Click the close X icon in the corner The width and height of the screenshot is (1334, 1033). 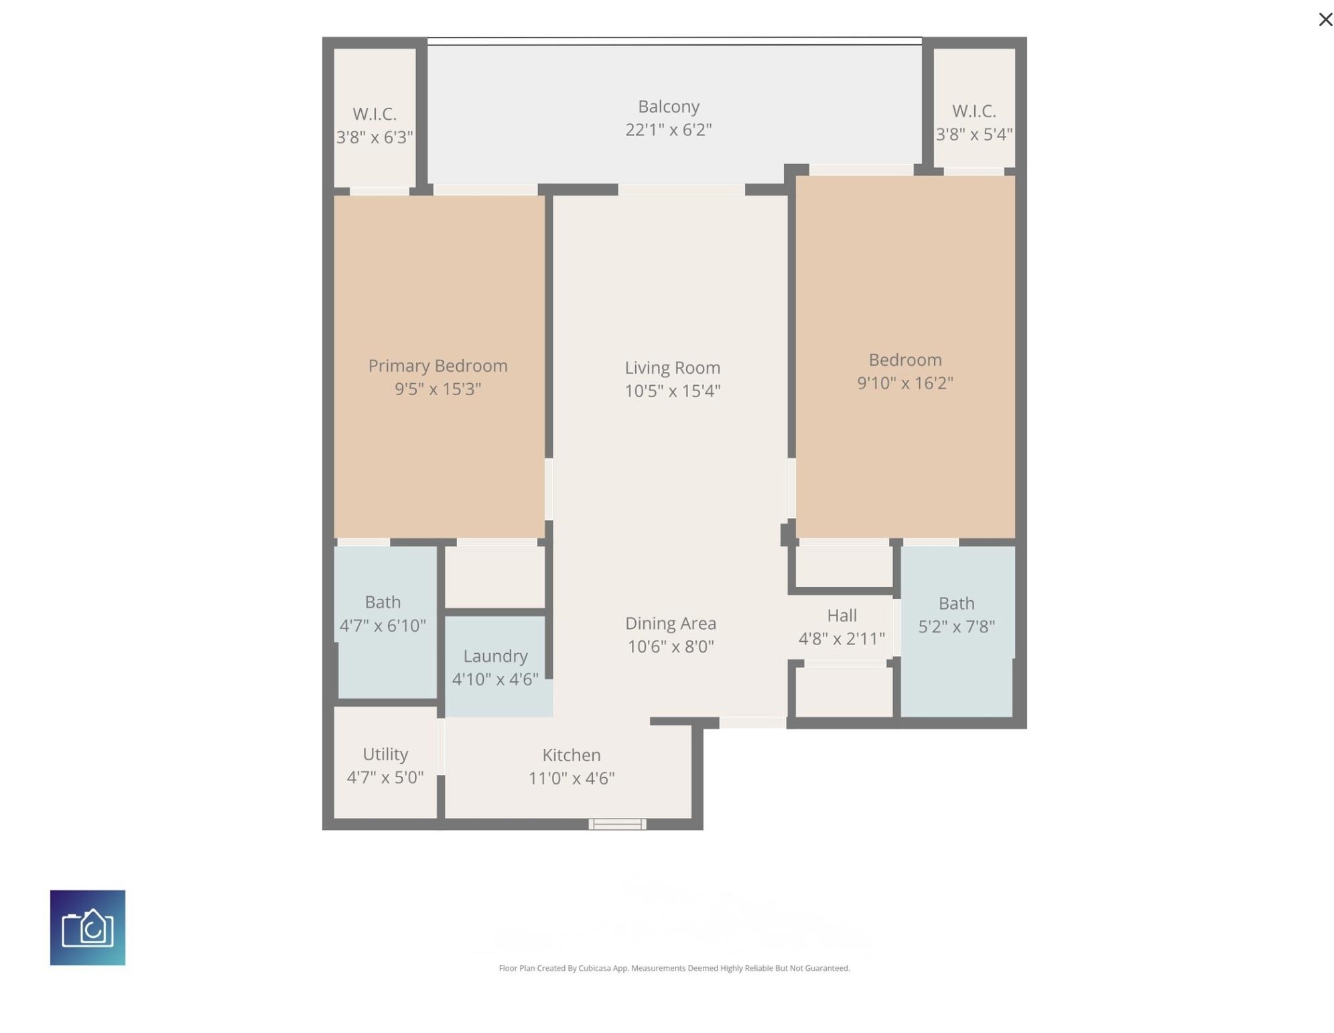click(x=1325, y=19)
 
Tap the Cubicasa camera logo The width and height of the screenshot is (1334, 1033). click(x=88, y=927)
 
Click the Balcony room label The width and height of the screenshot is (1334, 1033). click(x=668, y=107)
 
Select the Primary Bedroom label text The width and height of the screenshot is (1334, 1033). click(x=438, y=366)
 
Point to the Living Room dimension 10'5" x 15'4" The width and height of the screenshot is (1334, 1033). click(x=672, y=391)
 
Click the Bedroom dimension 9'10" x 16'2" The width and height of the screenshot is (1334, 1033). click(x=905, y=383)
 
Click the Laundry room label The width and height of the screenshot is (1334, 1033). click(x=495, y=657)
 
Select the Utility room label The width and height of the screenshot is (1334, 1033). click(x=385, y=754)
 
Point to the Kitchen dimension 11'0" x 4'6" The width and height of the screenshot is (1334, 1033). click(x=571, y=778)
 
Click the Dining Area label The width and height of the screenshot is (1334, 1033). click(x=670, y=624)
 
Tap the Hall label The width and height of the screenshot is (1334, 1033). click(x=842, y=615)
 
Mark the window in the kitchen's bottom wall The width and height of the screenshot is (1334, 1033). click(x=617, y=824)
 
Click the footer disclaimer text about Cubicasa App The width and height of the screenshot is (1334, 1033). click(x=674, y=968)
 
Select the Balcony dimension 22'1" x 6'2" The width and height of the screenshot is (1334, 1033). click(x=668, y=129)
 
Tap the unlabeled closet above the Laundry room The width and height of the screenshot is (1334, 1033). click(x=495, y=577)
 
